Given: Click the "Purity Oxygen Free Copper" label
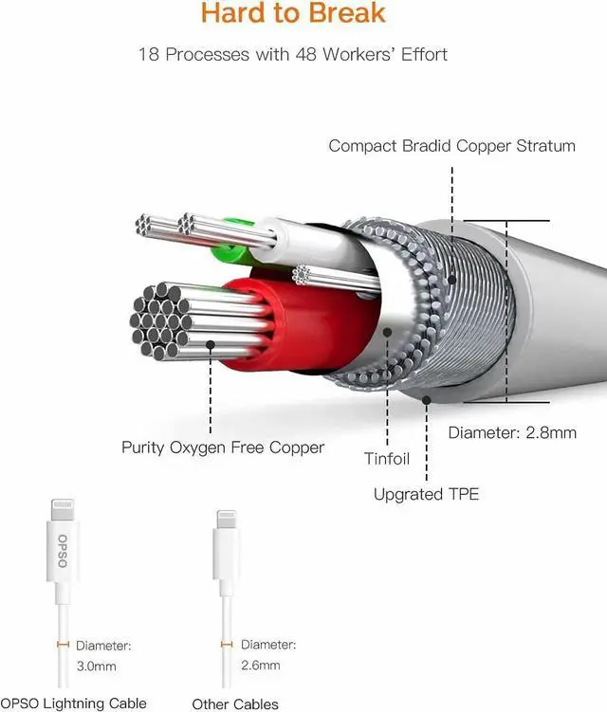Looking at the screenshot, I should point(223,447).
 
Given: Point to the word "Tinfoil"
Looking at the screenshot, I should point(387,459).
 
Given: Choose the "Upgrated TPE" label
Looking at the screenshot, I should point(426,494).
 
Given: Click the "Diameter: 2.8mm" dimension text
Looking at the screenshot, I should point(511,433).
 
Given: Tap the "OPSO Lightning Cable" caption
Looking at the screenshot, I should point(74,703).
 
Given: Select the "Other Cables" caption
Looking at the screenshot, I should point(235,703).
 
